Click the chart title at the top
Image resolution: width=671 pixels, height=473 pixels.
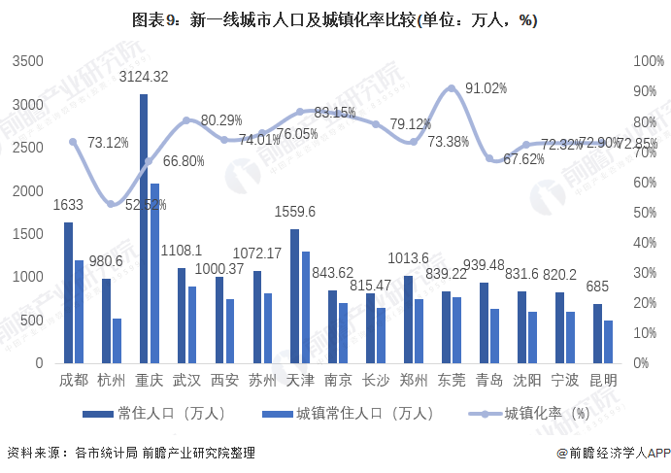click(335, 19)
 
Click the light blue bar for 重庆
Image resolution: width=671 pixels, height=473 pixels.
click(154, 273)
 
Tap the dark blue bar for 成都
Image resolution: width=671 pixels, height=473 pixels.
click(68, 292)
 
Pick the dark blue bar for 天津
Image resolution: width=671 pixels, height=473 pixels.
click(294, 296)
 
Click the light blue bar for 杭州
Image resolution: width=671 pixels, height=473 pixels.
click(117, 340)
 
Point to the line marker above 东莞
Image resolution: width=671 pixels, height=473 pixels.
click(451, 89)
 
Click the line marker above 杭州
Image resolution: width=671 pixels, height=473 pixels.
click(111, 204)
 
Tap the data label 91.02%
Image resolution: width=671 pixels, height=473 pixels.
click(486, 88)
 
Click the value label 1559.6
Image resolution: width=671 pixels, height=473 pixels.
click(296, 212)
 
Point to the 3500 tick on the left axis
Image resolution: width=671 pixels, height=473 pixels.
click(28, 61)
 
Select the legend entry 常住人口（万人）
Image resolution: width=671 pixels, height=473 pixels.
click(155, 414)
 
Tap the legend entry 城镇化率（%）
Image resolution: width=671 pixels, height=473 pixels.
click(530, 414)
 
